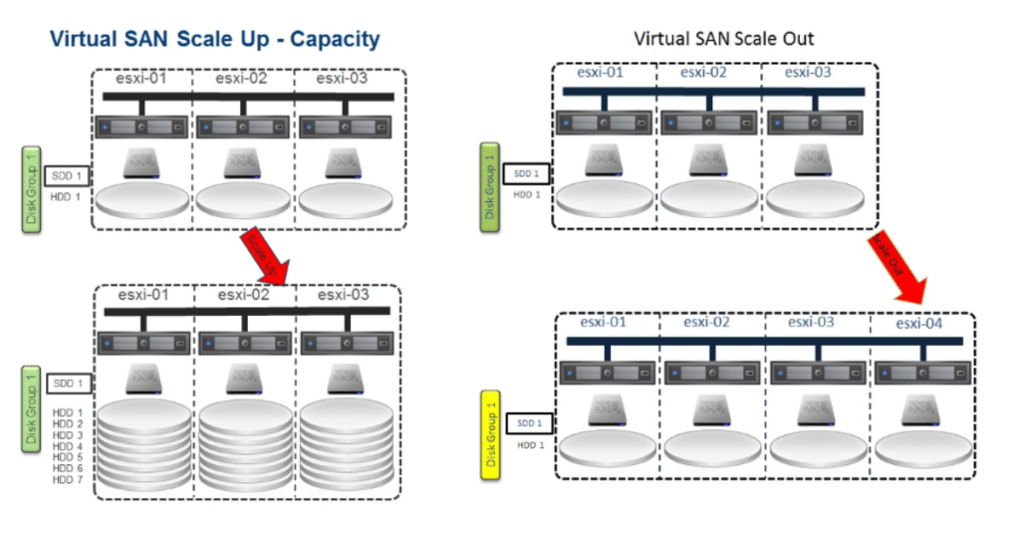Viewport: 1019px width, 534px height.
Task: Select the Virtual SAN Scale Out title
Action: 723,39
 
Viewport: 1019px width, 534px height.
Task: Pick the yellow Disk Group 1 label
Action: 489,434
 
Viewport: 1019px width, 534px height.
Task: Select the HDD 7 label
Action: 67,480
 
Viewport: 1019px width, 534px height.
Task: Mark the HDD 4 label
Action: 67,446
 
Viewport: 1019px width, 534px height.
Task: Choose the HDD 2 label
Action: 67,423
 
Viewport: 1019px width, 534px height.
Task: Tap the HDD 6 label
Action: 67,468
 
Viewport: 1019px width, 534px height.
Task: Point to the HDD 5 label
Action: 67,457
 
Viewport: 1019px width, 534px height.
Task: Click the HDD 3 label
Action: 67,434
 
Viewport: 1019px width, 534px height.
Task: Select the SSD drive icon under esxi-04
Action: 921,409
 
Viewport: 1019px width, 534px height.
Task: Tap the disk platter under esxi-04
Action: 921,448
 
